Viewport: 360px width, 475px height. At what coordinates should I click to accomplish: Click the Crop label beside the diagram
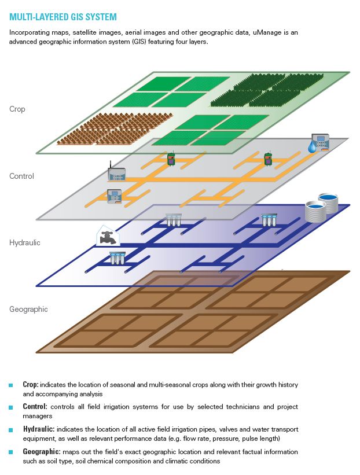click(17, 109)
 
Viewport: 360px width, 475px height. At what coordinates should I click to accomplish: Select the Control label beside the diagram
click(22, 176)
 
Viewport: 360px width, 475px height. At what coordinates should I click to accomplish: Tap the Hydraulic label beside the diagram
click(25, 242)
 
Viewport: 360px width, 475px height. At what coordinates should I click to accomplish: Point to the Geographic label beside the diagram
click(28, 309)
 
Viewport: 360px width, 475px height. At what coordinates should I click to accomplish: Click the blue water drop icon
click(313, 148)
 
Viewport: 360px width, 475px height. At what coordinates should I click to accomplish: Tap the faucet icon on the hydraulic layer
click(106, 237)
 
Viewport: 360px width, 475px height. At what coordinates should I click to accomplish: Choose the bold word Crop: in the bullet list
click(31, 385)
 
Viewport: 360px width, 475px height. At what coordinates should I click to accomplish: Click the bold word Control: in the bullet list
click(34, 407)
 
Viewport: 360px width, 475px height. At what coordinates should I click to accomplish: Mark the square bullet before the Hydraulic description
click(10, 430)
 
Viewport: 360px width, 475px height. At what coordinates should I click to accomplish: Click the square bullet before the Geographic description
click(10, 452)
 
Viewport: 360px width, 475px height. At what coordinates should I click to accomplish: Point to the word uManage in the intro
click(269, 32)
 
